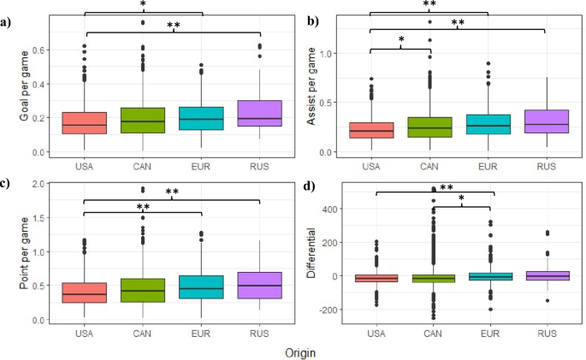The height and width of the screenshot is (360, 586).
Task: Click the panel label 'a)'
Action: click(9, 22)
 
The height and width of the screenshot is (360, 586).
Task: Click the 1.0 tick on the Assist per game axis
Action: click(350, 54)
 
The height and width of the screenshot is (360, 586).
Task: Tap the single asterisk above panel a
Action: click(143, 4)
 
